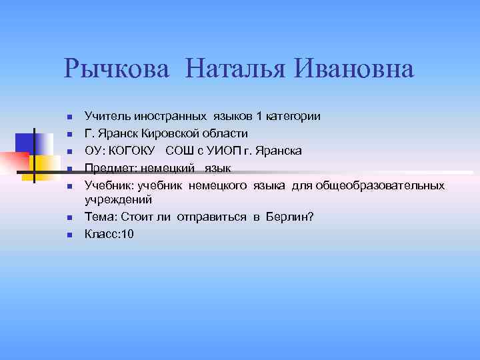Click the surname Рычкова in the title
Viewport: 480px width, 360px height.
(117, 69)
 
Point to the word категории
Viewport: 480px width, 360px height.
(293, 116)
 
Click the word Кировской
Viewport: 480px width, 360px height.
(165, 133)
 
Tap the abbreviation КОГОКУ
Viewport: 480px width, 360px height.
(131, 151)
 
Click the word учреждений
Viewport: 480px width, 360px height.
(118, 199)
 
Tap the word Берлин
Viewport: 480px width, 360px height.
(289, 217)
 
